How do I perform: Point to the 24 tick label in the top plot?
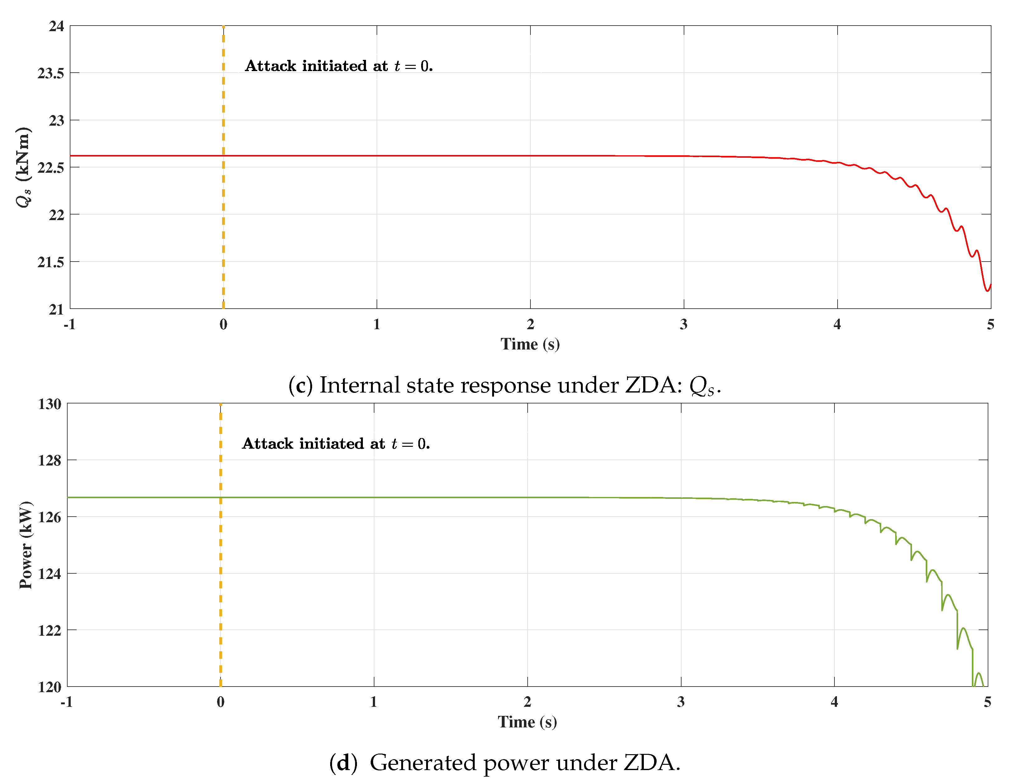coord(56,27)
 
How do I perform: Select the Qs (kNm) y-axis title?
coord(23,167)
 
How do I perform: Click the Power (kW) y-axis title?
coord(26,545)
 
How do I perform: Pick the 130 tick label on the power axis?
coord(50,404)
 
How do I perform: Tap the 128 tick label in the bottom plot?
coord(50,460)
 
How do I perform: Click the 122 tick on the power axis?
coord(50,631)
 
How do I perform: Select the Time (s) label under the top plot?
coord(530,344)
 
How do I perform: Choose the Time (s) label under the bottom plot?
coord(527,722)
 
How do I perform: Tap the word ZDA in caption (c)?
coord(653,385)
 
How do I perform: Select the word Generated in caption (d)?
coord(423,763)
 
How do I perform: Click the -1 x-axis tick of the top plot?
coord(69,325)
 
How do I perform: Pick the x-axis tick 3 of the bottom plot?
coord(681,702)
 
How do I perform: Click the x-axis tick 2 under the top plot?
coord(530,325)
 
